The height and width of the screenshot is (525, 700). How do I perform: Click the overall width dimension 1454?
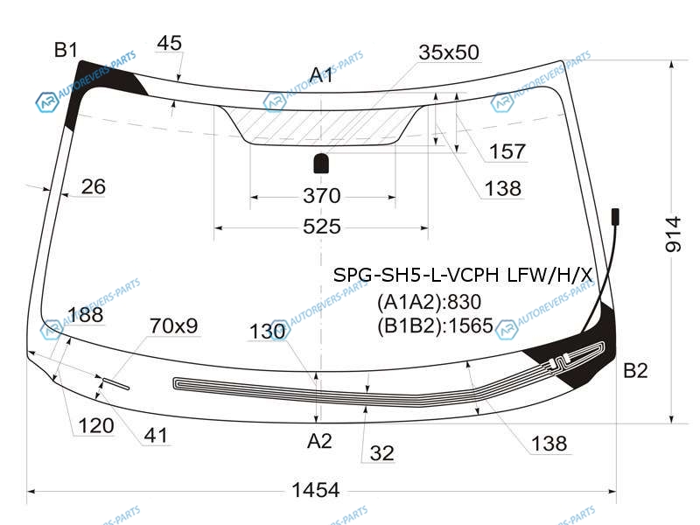(316, 490)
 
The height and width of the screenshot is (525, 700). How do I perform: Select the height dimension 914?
(673, 234)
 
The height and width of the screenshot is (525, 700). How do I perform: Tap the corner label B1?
(66, 50)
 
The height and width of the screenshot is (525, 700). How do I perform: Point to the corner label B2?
(635, 370)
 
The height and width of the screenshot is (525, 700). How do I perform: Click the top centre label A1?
(321, 75)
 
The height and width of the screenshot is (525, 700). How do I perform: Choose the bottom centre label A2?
(319, 441)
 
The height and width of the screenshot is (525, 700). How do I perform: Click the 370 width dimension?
(322, 196)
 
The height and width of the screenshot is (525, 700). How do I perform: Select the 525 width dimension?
(322, 227)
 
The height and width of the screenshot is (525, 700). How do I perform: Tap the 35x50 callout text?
(449, 52)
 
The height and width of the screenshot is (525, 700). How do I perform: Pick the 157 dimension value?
(507, 151)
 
